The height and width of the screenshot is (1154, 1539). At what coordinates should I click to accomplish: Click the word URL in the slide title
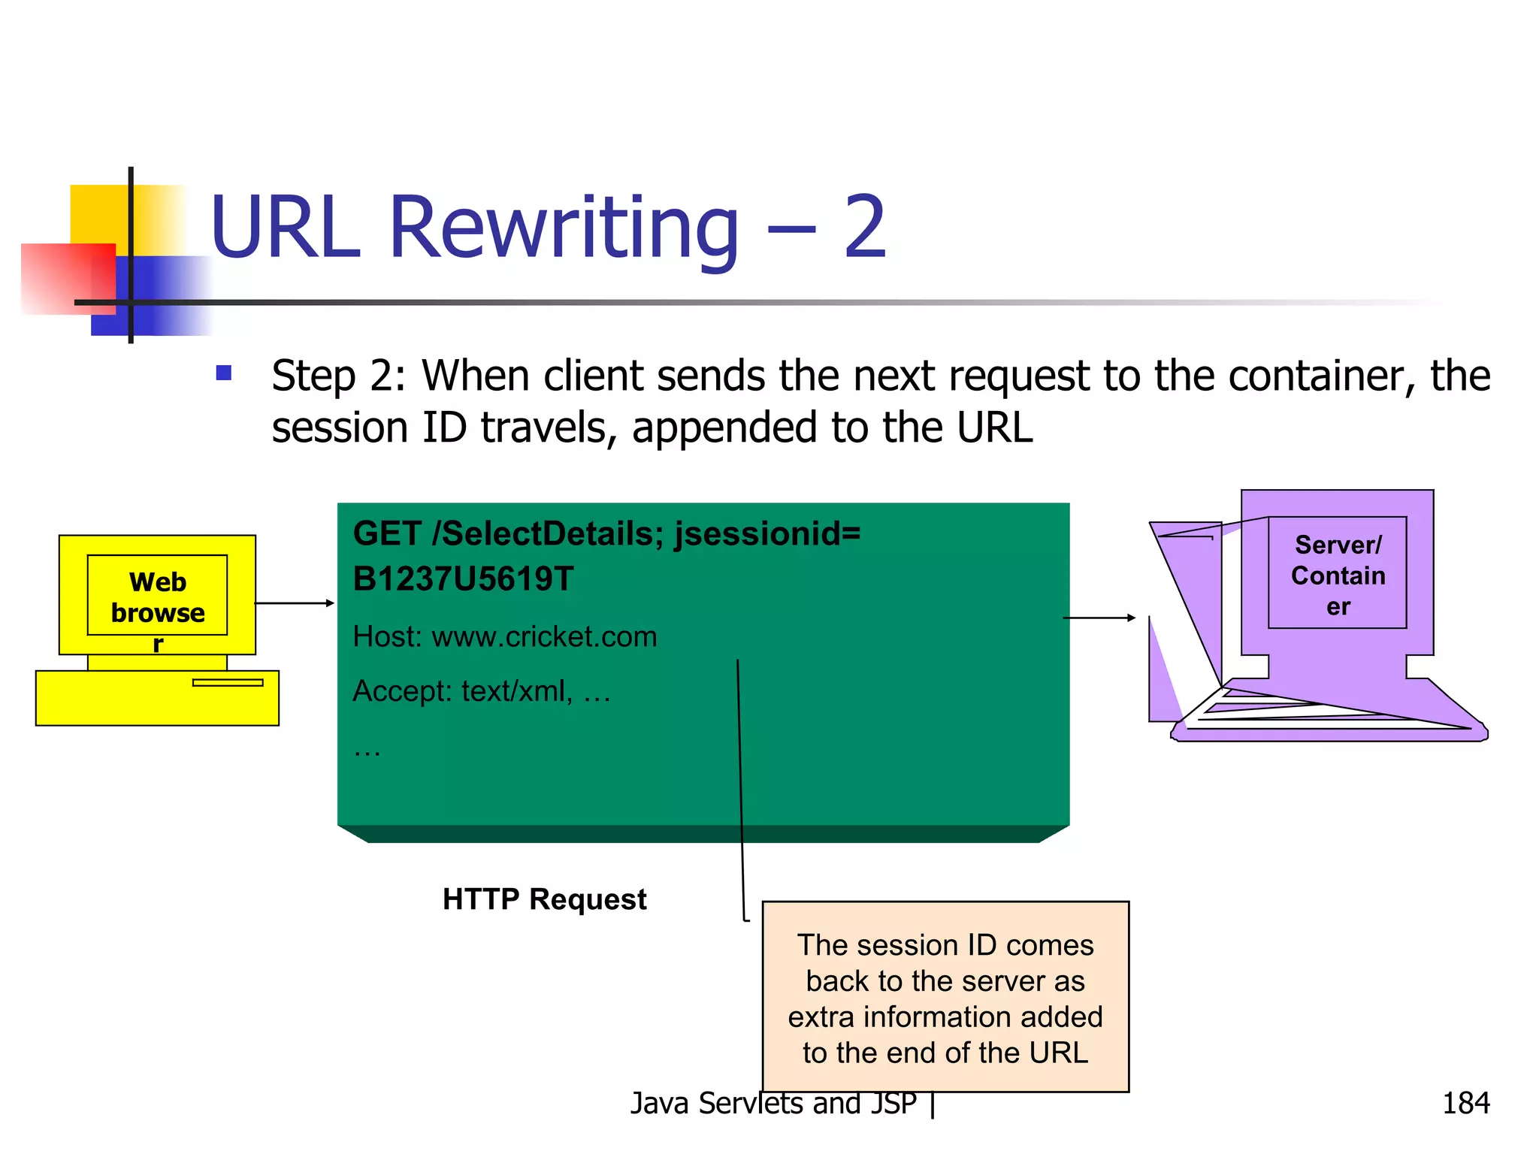coord(285,227)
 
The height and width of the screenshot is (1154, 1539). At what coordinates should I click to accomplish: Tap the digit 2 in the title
coord(864,227)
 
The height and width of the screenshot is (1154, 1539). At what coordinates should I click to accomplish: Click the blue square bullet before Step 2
coord(223,373)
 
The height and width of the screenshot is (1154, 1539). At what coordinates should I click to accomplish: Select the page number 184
coord(1465,1103)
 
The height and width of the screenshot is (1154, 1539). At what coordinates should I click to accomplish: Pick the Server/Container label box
coord(1337,573)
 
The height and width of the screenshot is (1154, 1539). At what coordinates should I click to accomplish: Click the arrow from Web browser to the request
coord(294,603)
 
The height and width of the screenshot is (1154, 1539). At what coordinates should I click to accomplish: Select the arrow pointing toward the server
coord(1099,618)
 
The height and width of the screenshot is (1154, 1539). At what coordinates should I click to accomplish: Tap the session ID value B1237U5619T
coord(463,579)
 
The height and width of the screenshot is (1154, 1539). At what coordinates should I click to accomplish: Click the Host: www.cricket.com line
coord(504,637)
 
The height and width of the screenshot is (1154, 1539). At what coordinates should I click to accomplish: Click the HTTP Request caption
coord(544,899)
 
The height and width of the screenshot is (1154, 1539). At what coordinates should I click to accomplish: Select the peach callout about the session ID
coord(945,997)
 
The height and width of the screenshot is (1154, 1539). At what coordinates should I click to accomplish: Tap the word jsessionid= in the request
coord(767,534)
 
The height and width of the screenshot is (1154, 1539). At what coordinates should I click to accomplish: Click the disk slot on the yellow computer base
coord(228,682)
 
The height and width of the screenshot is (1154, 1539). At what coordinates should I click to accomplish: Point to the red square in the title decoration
coord(68,278)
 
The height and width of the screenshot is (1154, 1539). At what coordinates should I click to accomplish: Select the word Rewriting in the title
coord(564,227)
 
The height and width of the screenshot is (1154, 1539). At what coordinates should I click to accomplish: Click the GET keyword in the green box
coord(387,534)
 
